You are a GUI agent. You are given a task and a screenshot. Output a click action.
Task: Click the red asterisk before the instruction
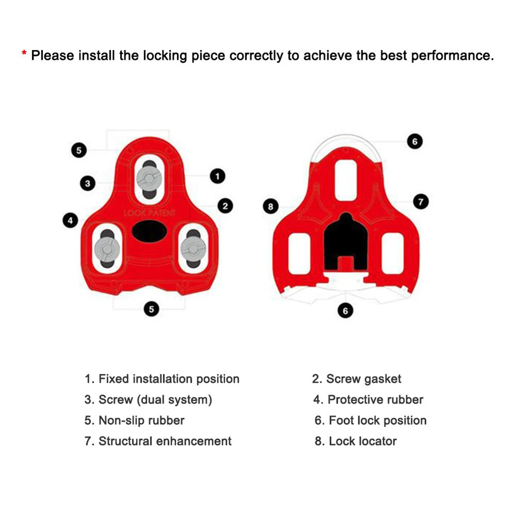[x=24, y=54]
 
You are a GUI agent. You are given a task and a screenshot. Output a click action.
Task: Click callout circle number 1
[x=218, y=176]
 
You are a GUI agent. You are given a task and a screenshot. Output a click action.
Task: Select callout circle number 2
[x=225, y=206]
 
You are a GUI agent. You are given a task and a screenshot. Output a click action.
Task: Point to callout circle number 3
[x=88, y=183]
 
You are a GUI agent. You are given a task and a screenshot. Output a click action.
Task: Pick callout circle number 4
[x=70, y=221]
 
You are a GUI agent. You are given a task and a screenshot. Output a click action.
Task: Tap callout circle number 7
[x=421, y=202]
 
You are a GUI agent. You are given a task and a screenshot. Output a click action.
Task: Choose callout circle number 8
[x=271, y=207]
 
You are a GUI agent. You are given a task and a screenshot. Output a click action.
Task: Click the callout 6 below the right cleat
[x=345, y=310]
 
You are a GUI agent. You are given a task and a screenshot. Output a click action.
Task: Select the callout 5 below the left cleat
[x=151, y=309]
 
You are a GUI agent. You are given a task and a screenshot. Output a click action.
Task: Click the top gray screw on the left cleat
[x=149, y=178]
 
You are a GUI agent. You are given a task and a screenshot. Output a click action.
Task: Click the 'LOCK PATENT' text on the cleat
[x=149, y=213]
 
